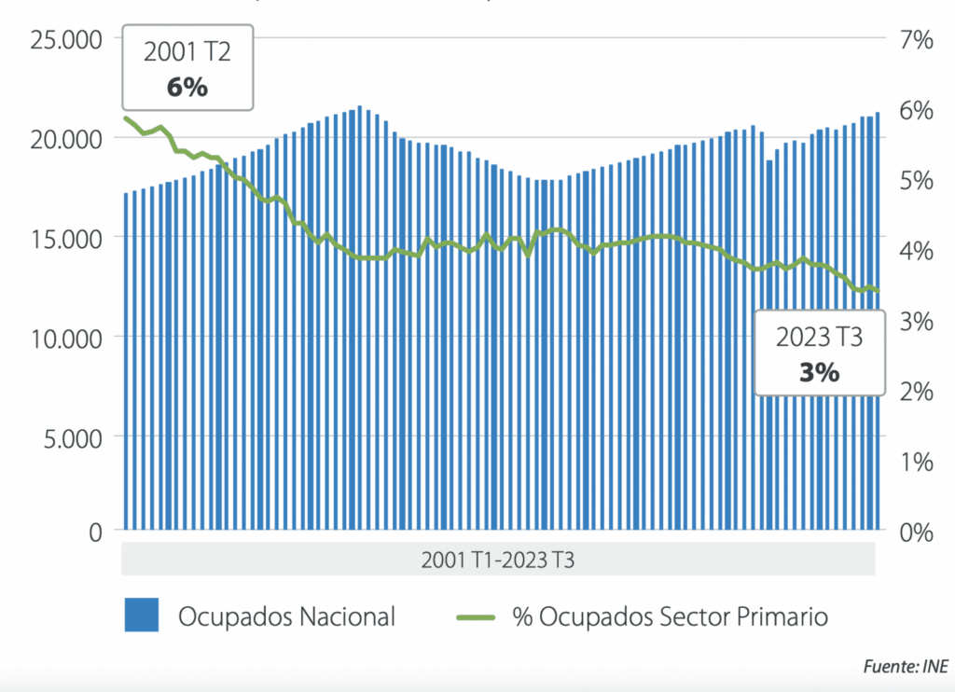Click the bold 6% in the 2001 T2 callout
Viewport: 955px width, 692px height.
tap(187, 88)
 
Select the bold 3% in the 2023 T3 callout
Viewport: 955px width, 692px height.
tap(819, 372)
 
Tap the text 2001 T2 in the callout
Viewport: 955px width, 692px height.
tap(187, 53)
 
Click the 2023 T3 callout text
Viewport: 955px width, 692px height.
tap(819, 337)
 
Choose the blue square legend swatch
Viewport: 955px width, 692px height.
tap(143, 616)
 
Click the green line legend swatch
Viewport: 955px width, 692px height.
tap(478, 616)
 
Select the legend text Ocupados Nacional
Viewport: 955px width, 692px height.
tap(287, 616)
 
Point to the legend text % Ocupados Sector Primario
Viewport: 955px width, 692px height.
tap(670, 616)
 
